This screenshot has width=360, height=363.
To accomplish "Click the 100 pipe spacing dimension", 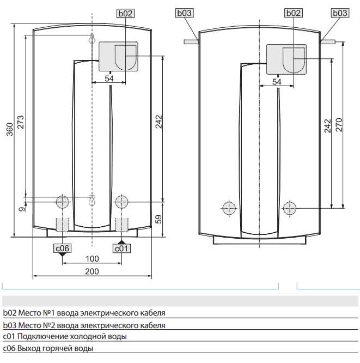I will tap(91, 258).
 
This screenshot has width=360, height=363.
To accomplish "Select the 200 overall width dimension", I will tap(91, 271).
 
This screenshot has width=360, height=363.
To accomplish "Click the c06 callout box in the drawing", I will tap(62, 249).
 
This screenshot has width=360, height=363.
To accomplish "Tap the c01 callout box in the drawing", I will tap(121, 249).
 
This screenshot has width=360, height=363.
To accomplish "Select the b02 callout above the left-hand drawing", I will tap(125, 13).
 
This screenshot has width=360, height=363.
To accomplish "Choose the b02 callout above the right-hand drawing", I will tap(293, 13).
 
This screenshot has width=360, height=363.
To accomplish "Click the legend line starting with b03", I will tap(84, 325).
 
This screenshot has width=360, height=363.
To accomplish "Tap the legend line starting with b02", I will tap(84, 313).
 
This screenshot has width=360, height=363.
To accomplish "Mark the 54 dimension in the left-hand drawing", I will tap(109, 79).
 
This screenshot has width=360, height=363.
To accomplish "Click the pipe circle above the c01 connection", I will tap(121, 202).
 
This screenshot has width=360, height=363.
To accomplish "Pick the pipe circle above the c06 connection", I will tap(62, 202).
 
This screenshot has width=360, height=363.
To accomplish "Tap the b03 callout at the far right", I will tap(339, 13).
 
